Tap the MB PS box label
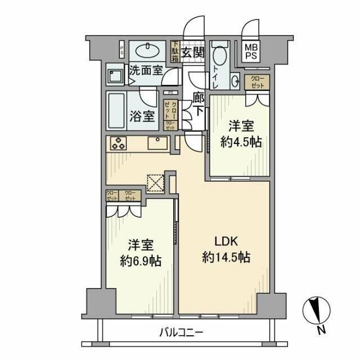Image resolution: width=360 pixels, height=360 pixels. (251, 52)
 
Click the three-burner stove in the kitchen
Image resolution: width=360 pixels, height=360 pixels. (118, 143)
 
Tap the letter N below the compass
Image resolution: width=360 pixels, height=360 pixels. (319, 330)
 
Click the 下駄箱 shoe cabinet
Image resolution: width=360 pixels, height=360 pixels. (175, 52)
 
